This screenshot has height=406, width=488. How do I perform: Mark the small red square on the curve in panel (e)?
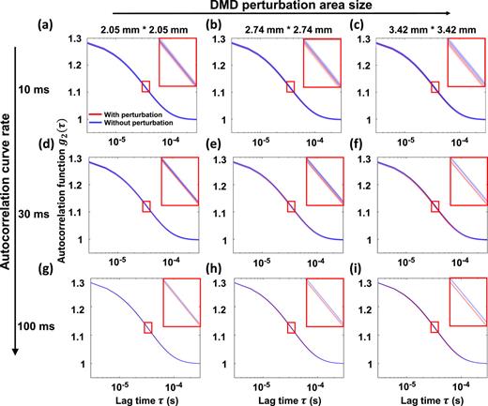[x=289, y=206]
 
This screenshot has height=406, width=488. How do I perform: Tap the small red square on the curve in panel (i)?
[x=434, y=327]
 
